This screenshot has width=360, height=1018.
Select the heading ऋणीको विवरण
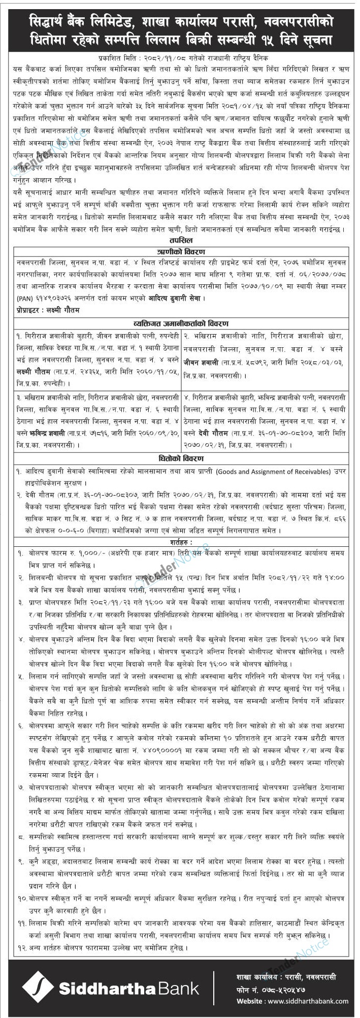(181, 251)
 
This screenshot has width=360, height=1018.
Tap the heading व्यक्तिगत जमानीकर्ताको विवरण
(181, 323)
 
